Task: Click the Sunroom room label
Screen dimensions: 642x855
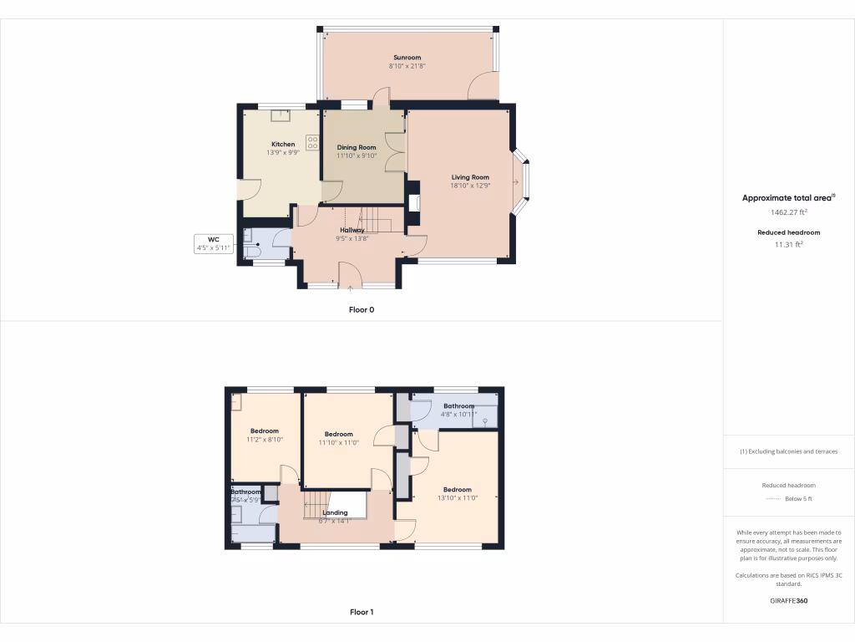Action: pos(407,57)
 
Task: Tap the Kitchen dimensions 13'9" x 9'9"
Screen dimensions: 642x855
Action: pos(283,153)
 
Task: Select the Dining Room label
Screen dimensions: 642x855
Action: pos(357,147)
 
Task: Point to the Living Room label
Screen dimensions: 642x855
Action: pos(470,177)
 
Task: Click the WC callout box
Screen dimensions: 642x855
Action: pos(213,243)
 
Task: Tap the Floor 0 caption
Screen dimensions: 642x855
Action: pos(362,309)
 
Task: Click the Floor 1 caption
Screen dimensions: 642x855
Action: pos(362,612)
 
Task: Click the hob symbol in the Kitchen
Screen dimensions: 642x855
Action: pos(313,143)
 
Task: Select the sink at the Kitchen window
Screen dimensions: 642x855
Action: pos(275,116)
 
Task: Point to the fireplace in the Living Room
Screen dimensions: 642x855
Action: pos(416,201)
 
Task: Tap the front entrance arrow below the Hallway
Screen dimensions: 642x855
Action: pos(350,289)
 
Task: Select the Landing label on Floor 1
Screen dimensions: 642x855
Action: pos(335,512)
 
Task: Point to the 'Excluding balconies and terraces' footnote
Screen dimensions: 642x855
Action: pos(788,451)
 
